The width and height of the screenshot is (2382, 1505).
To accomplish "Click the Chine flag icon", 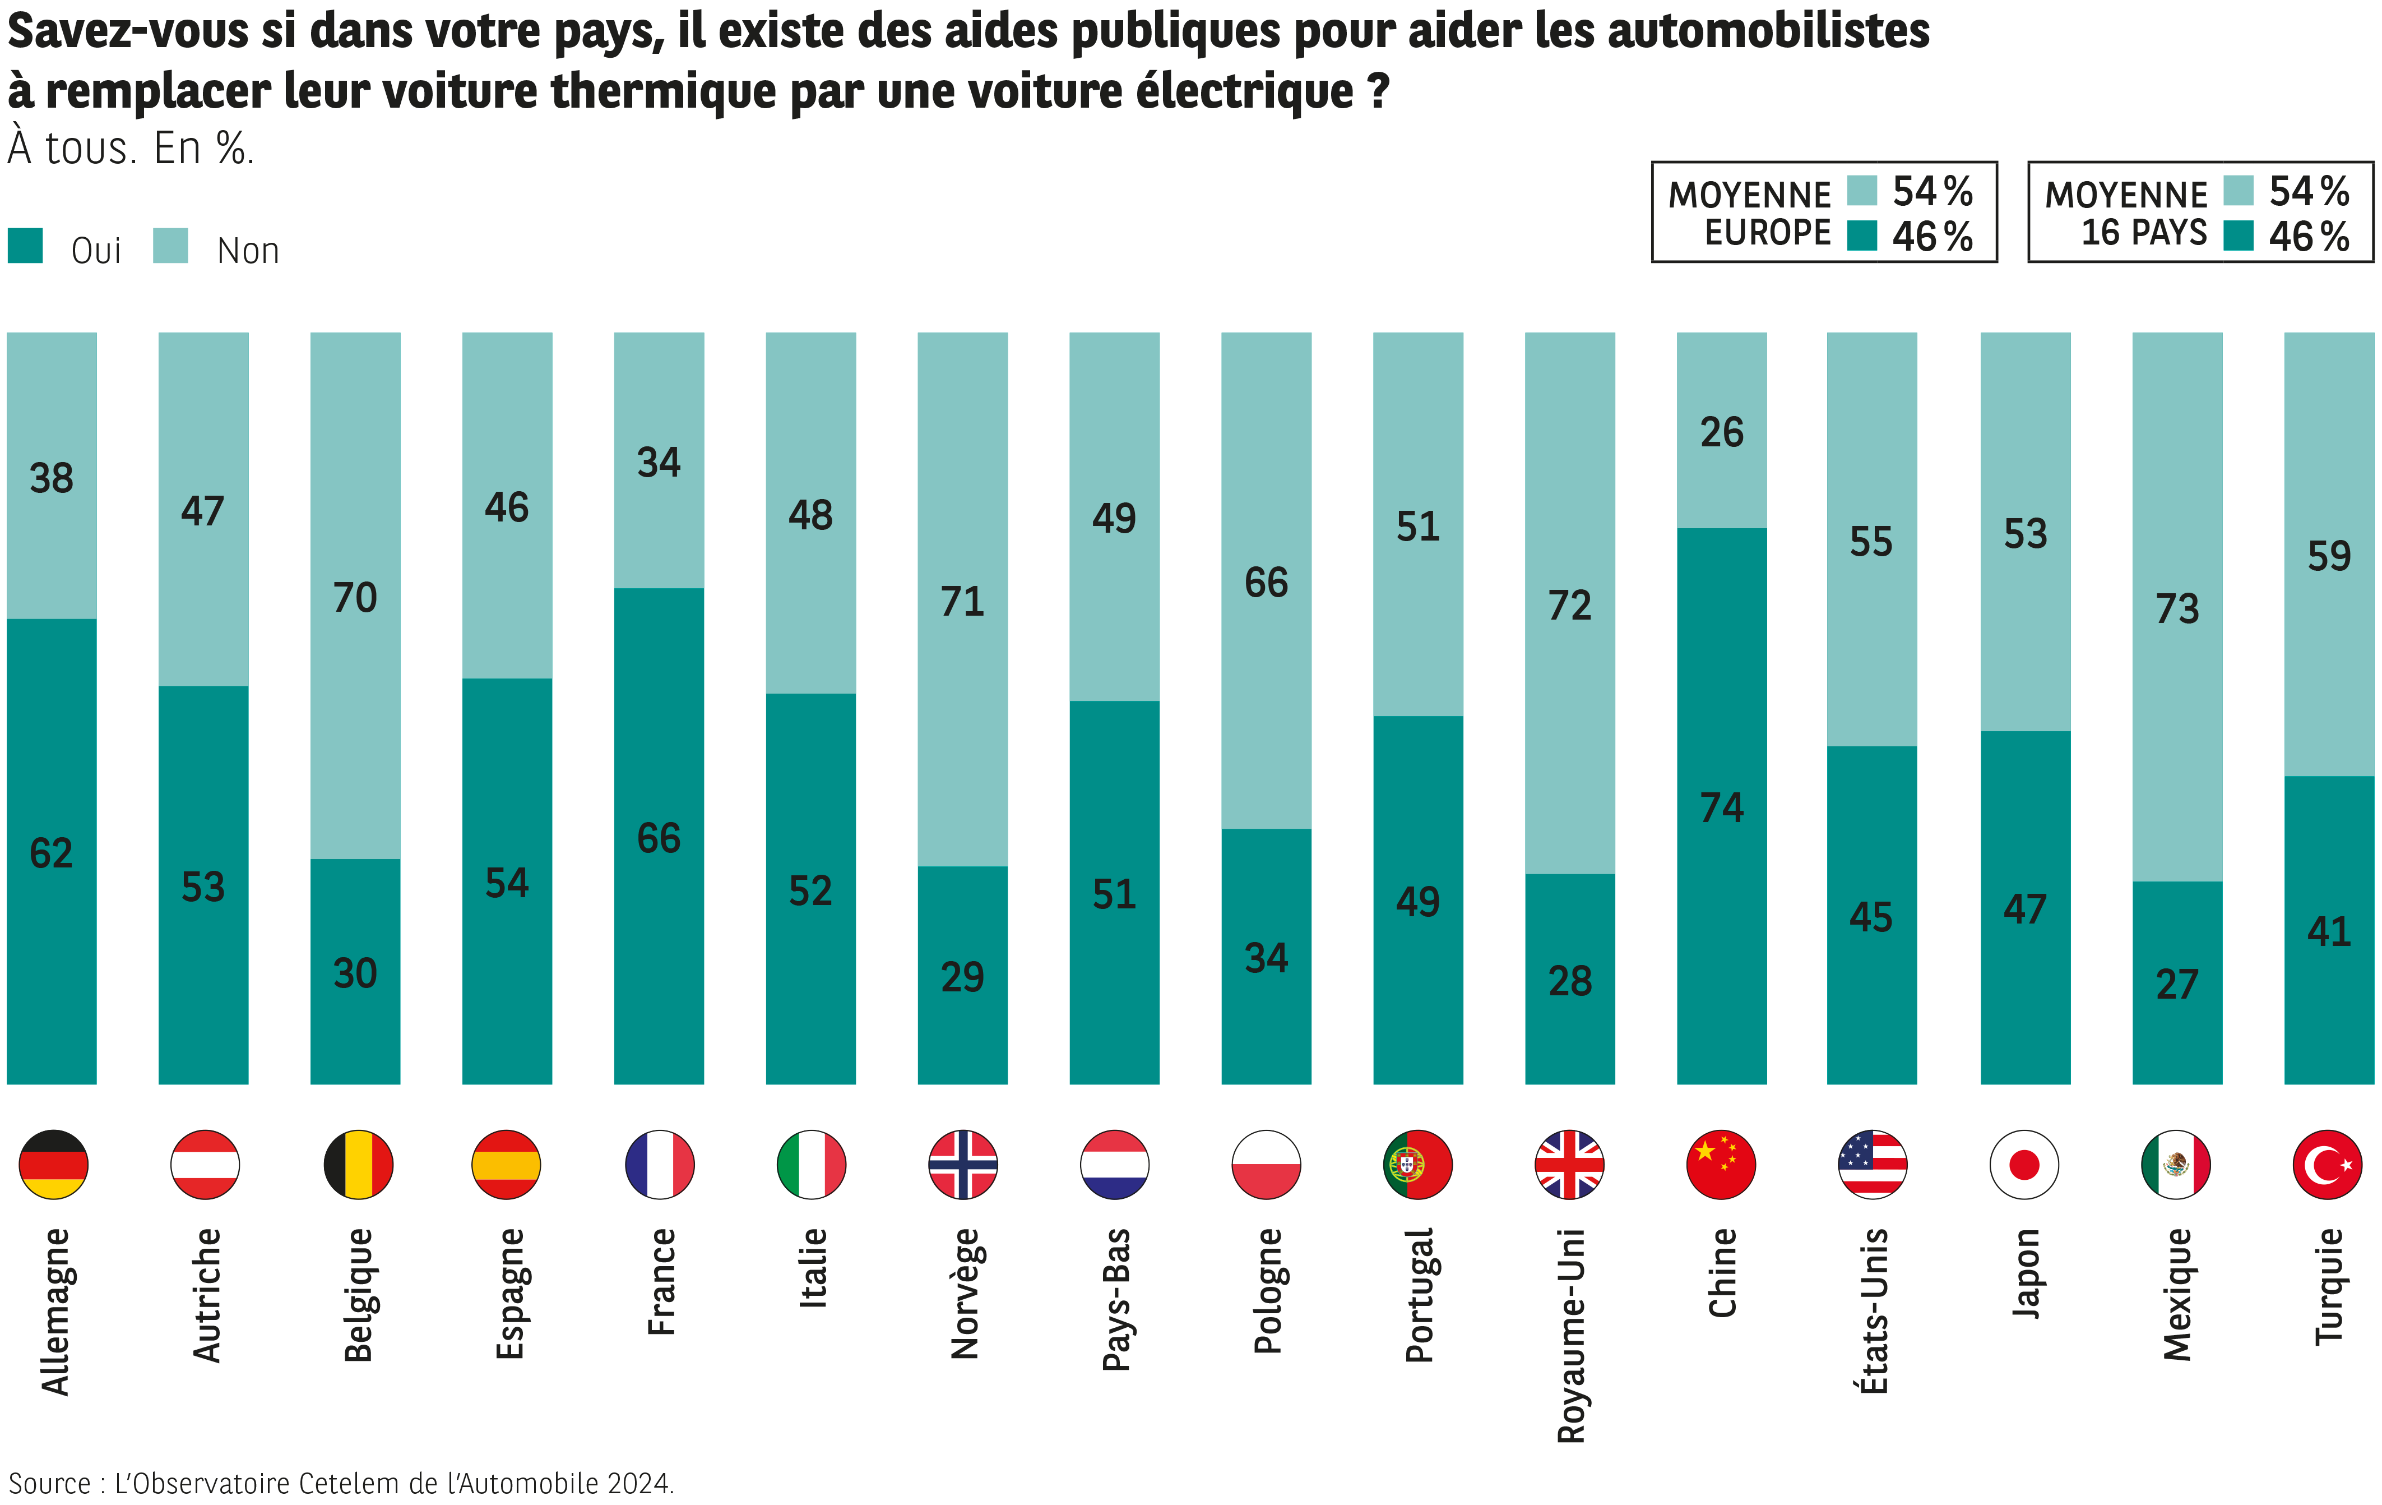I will pyautogui.click(x=1721, y=1165).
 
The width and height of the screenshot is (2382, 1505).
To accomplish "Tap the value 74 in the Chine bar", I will pyautogui.click(x=1721, y=807).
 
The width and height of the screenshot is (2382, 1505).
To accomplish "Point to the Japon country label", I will pyautogui.click(x=2026, y=1273).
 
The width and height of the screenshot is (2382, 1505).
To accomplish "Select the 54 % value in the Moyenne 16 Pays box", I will pyautogui.click(x=2309, y=191).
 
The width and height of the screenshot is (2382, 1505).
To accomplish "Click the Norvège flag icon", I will pyautogui.click(x=962, y=1165).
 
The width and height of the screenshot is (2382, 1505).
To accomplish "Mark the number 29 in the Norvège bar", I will pyautogui.click(x=962, y=977).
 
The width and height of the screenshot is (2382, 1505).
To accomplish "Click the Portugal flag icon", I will pyautogui.click(x=1417, y=1165).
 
